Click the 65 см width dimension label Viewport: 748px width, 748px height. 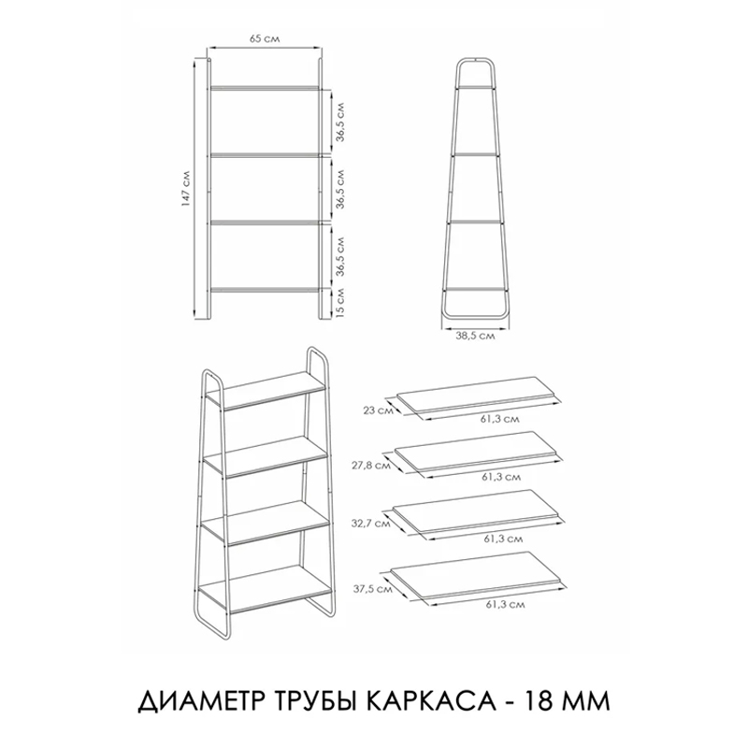(x=265, y=39)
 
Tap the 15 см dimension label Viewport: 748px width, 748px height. (x=340, y=302)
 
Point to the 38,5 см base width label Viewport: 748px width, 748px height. (x=475, y=337)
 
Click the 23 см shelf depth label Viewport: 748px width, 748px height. (x=379, y=410)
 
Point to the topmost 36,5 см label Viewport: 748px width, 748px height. (x=340, y=122)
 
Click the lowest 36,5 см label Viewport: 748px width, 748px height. (x=340, y=256)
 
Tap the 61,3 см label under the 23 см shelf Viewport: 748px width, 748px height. (x=500, y=419)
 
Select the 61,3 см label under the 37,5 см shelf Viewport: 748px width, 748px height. (x=506, y=604)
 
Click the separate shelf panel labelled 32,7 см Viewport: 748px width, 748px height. (x=475, y=509)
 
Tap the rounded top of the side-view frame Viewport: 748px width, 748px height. (x=475, y=59)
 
